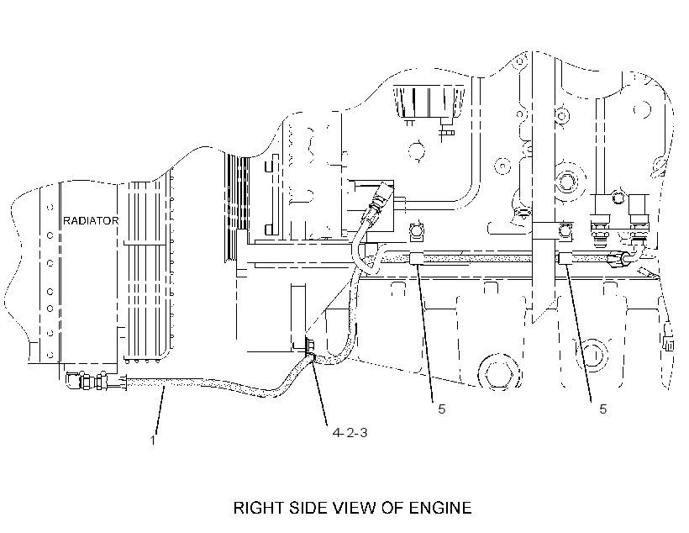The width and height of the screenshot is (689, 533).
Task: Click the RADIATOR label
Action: pos(91,221)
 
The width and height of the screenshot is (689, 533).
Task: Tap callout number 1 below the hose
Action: pos(153,441)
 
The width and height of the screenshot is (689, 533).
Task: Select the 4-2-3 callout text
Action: pos(350,433)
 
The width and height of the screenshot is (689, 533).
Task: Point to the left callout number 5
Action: pos(442,409)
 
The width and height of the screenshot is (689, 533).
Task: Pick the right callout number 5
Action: pos(603,409)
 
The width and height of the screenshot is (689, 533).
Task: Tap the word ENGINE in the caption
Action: pos(440,508)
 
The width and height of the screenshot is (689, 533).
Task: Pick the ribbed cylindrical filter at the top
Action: pos(429,102)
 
